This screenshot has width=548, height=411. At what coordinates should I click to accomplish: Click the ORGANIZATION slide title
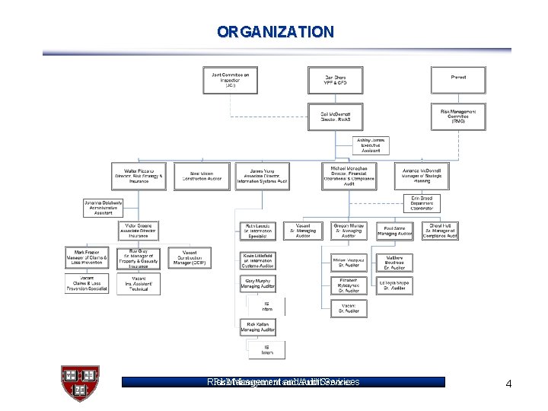click(x=275, y=32)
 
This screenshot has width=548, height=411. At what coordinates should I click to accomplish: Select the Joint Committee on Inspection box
click(x=230, y=81)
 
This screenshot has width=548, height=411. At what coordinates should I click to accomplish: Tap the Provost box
click(x=457, y=78)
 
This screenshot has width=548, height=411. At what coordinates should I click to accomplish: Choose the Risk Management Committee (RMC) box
click(x=457, y=116)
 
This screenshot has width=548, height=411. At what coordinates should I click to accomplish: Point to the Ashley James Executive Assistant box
click(x=372, y=145)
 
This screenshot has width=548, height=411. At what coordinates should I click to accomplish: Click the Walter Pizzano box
click(x=139, y=176)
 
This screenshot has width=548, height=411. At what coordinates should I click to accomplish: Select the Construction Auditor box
click(x=201, y=176)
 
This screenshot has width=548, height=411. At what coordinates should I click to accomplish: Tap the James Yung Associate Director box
click(x=263, y=176)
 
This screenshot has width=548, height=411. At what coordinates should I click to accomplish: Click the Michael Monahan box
click(x=349, y=176)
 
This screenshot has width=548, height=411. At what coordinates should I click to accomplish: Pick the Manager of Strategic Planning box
click(x=422, y=176)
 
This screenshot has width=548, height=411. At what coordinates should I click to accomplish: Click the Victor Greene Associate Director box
click(x=139, y=231)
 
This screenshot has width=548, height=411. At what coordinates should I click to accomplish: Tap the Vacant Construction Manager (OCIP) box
click(x=190, y=258)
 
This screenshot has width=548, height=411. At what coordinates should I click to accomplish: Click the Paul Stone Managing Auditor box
click(x=395, y=231)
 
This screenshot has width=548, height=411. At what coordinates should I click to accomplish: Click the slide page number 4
click(x=508, y=384)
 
